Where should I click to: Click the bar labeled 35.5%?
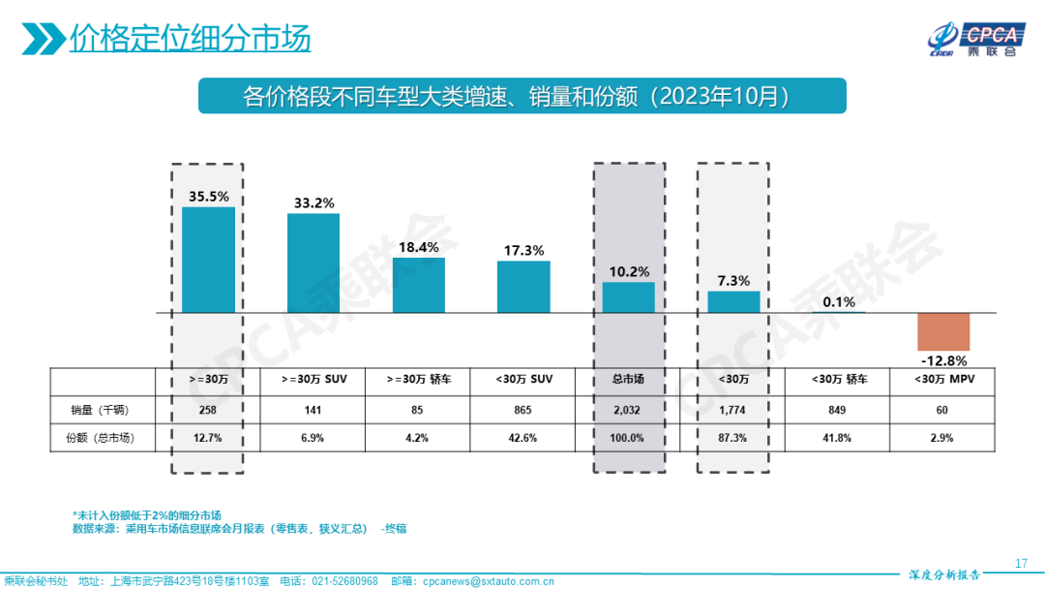point(208,260)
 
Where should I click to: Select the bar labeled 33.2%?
point(313,263)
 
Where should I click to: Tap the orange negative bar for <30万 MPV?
point(943,331)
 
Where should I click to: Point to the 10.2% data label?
point(628,270)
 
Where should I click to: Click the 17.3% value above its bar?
point(523,250)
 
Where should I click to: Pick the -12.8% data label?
point(943,361)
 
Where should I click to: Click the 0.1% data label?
point(839,301)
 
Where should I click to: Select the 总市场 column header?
point(628,380)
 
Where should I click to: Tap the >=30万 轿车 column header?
point(418,380)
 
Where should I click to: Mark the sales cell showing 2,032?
point(628,409)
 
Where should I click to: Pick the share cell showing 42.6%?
point(523,438)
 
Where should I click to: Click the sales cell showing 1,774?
point(733,409)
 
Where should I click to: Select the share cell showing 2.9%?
point(943,438)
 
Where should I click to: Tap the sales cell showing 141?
point(313,409)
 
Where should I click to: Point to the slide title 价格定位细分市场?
point(190,39)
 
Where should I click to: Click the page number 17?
point(1021,564)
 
